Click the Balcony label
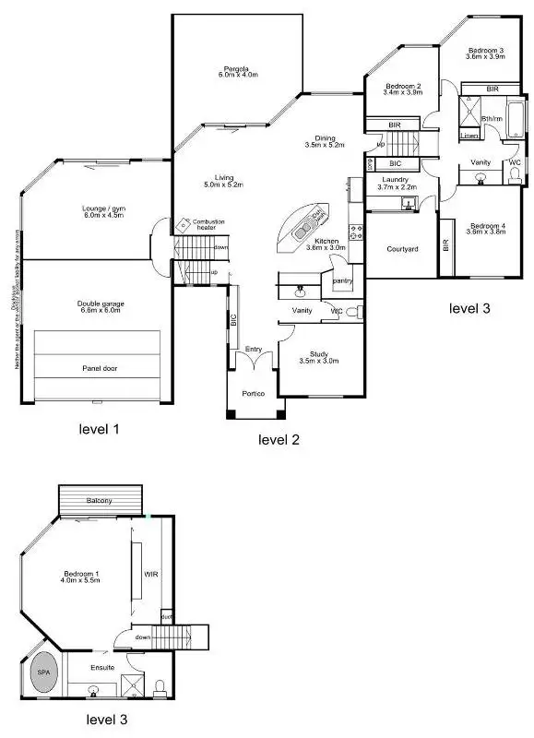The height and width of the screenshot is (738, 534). point(100,500)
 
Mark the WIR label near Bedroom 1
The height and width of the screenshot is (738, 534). point(150,574)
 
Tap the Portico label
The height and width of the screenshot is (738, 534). point(254,394)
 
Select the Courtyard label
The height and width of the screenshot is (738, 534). point(402,249)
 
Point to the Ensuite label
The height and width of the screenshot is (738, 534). point(102,665)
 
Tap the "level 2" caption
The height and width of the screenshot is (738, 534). point(279,440)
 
